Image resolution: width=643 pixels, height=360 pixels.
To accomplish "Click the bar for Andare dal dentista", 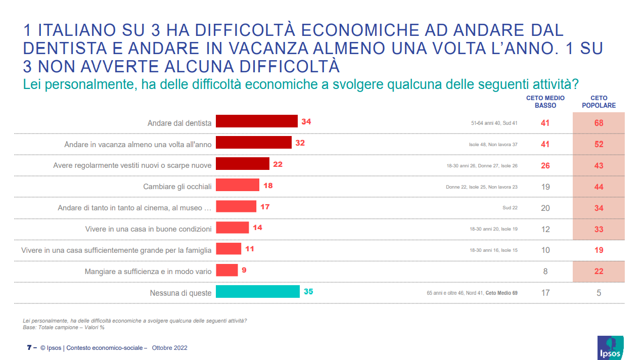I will [256, 121].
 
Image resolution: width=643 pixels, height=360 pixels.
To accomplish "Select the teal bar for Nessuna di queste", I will [257, 292].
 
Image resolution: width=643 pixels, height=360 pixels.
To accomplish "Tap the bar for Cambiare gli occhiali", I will [237, 185].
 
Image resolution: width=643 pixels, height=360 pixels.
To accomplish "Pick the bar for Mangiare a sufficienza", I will [226, 271].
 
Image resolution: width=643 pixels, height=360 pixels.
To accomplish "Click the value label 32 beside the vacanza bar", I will [300, 143].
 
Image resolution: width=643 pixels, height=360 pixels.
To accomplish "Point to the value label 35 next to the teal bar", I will [308, 291].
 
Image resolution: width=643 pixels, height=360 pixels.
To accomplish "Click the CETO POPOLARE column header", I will [599, 102].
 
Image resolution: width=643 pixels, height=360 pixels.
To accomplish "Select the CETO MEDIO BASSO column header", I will [545, 102].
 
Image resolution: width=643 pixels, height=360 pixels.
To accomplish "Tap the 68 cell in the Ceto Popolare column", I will [599, 123].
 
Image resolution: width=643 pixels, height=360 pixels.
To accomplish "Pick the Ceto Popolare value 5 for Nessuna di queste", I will [599, 293].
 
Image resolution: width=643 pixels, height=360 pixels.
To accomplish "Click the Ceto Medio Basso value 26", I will [545, 166].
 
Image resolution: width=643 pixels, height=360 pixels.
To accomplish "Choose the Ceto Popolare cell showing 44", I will [599, 187].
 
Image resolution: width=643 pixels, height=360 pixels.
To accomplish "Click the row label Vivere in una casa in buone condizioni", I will [148, 229].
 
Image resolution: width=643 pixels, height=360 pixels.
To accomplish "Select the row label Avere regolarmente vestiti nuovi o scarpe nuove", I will [132, 165].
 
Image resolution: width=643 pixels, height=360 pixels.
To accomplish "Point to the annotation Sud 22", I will [510, 208].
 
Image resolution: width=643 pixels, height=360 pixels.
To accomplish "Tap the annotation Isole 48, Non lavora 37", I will [493, 145].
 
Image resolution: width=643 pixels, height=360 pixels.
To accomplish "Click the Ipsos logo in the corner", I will [610, 348].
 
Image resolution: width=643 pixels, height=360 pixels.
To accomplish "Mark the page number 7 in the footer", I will [28, 348].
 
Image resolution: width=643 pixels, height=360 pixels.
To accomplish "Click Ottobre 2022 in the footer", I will [169, 348].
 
